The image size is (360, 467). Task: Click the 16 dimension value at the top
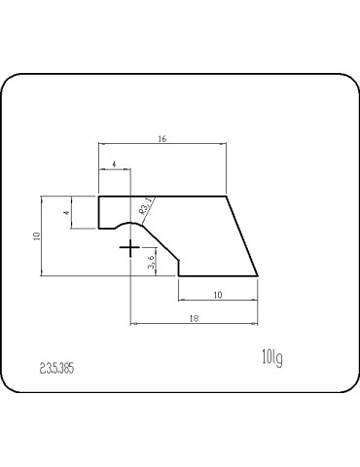[x=162, y=140]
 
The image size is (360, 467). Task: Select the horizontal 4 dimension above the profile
[x=115, y=166]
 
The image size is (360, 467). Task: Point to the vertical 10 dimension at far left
[x=36, y=235]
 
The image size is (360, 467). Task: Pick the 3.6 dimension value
[x=152, y=262]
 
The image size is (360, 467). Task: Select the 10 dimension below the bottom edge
[x=217, y=294]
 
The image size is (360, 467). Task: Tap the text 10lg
[x=271, y=358]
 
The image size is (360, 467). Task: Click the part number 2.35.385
[x=57, y=369]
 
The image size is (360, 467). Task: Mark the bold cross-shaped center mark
[x=129, y=249]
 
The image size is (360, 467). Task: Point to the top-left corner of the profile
[x=99, y=197]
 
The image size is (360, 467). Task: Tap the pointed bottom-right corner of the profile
[x=257, y=275]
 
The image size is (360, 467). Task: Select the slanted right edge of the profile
[x=242, y=236]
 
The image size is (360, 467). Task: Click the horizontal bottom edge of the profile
[x=217, y=275]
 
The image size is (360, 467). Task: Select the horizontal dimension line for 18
[x=195, y=324]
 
